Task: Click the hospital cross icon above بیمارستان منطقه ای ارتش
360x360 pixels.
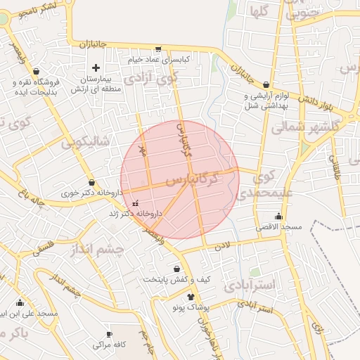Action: pyautogui.click(x=96, y=67)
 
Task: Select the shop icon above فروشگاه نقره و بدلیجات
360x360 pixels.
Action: pyautogui.click(x=36, y=71)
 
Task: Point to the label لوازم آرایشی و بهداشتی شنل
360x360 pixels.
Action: pyautogui.click(x=266, y=101)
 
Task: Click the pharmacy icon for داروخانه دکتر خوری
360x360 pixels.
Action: pyautogui.click(x=91, y=182)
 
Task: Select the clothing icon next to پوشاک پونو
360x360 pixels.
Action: pyautogui.click(x=190, y=297)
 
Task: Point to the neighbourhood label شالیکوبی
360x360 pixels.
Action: pyautogui.click(x=85, y=142)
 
